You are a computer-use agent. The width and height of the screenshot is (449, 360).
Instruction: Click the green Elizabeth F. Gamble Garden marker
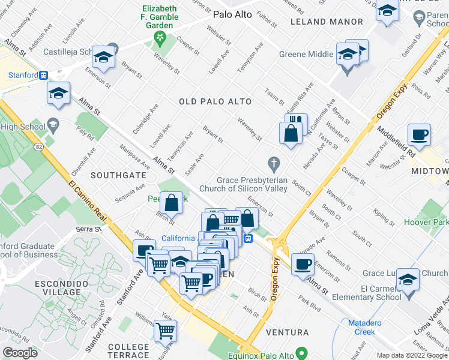tap(160, 40)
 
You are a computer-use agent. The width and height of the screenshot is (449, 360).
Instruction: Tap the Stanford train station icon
tap(43, 76)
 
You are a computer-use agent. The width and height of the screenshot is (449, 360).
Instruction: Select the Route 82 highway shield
tap(39, 146)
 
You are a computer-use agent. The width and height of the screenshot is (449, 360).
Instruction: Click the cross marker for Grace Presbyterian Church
tap(274, 163)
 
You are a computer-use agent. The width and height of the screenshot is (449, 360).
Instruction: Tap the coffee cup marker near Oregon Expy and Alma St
tap(303, 263)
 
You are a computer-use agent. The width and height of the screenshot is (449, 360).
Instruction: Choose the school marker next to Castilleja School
tap(104, 57)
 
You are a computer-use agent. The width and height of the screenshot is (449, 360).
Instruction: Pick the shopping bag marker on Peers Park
tap(172, 203)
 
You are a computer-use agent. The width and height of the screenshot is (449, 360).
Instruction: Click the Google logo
tap(20, 353)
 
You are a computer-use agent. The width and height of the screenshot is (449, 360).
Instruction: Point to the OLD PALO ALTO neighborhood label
tap(215, 102)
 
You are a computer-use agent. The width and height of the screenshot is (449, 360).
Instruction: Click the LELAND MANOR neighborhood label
tap(327, 22)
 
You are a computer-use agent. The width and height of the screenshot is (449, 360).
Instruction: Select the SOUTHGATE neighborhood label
tap(118, 175)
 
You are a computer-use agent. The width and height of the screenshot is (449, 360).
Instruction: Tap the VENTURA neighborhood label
tap(291, 332)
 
